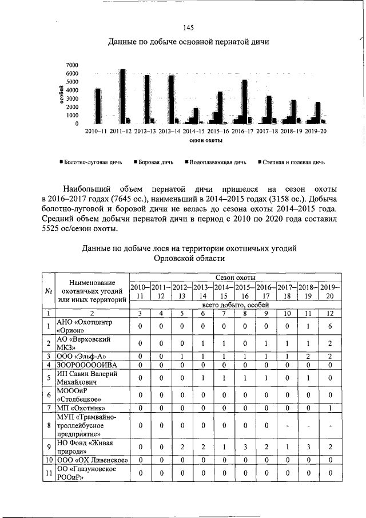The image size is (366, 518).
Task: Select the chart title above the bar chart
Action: point(188,42)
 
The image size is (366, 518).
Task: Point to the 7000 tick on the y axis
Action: point(72,65)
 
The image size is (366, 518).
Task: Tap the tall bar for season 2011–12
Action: point(122,96)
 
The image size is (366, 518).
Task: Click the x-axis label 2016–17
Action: point(242,131)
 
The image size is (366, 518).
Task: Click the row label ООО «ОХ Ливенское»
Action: point(91,460)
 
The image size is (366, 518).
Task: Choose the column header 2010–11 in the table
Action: point(140,291)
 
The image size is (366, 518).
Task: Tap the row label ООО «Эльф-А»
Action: point(80,355)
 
